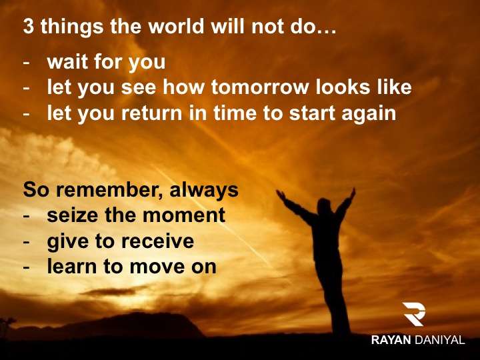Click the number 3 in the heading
tap(28, 26)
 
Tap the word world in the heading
tap(176, 26)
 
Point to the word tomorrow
tap(260, 87)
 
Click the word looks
tap(343, 87)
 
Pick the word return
tap(152, 113)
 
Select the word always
tap(204, 191)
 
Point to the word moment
tap(184, 215)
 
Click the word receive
tap(157, 241)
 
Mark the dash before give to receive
tap(27, 242)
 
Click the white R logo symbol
tap(414, 314)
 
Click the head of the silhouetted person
tap(325, 206)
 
